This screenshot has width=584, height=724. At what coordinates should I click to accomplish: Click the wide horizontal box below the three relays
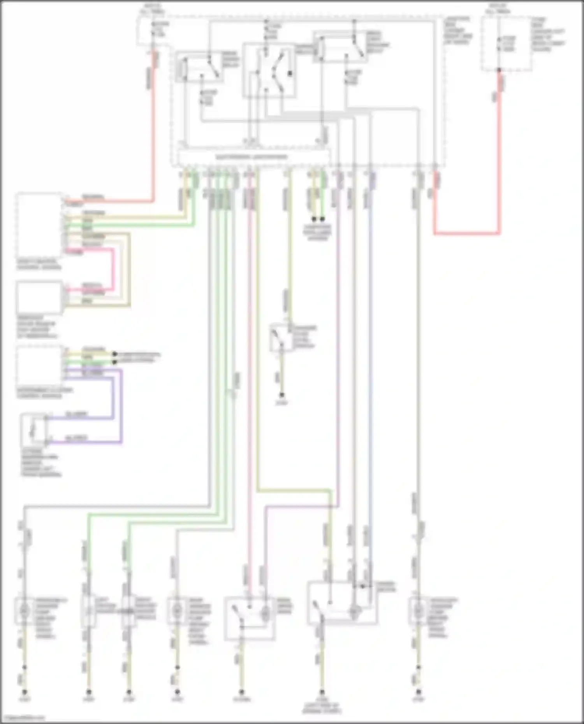point(253,157)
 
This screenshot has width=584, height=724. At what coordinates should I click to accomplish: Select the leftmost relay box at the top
point(199,67)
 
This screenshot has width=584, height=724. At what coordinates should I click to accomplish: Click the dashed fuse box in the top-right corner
point(506,44)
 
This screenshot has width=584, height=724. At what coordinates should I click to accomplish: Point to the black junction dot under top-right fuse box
point(499,70)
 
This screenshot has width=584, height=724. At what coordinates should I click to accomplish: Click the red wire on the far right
point(467,233)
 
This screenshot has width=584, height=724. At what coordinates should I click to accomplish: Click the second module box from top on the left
point(39,298)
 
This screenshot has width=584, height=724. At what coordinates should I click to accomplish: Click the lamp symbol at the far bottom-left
point(24,612)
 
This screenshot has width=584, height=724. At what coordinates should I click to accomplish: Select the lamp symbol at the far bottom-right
point(418,612)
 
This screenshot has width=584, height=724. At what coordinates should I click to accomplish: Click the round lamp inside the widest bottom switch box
point(354,612)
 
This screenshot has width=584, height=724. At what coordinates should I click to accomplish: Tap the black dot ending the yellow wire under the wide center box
point(314,219)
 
